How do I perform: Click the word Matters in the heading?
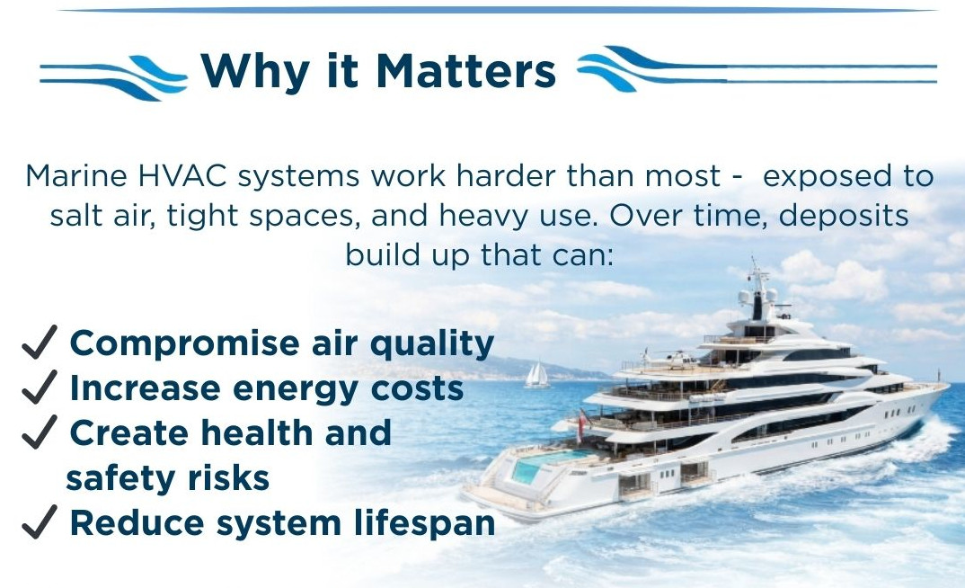pyautogui.click(x=466, y=71)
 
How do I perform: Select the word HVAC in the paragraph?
pyautogui.click(x=182, y=176)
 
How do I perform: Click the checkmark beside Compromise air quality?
pyautogui.click(x=40, y=342)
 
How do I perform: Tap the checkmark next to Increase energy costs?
pyautogui.click(x=40, y=387)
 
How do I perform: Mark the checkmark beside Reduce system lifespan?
pyautogui.click(x=40, y=521)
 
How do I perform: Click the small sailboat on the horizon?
pyautogui.click(x=537, y=375)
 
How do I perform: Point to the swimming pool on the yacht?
pyautogui.click(x=542, y=465)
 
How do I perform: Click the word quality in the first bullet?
pyautogui.click(x=432, y=344)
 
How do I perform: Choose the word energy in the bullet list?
pyautogui.click(x=296, y=390)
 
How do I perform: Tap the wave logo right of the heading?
pyautogui.click(x=757, y=68)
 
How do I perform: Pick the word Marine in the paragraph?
pyautogui.click(x=76, y=176)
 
